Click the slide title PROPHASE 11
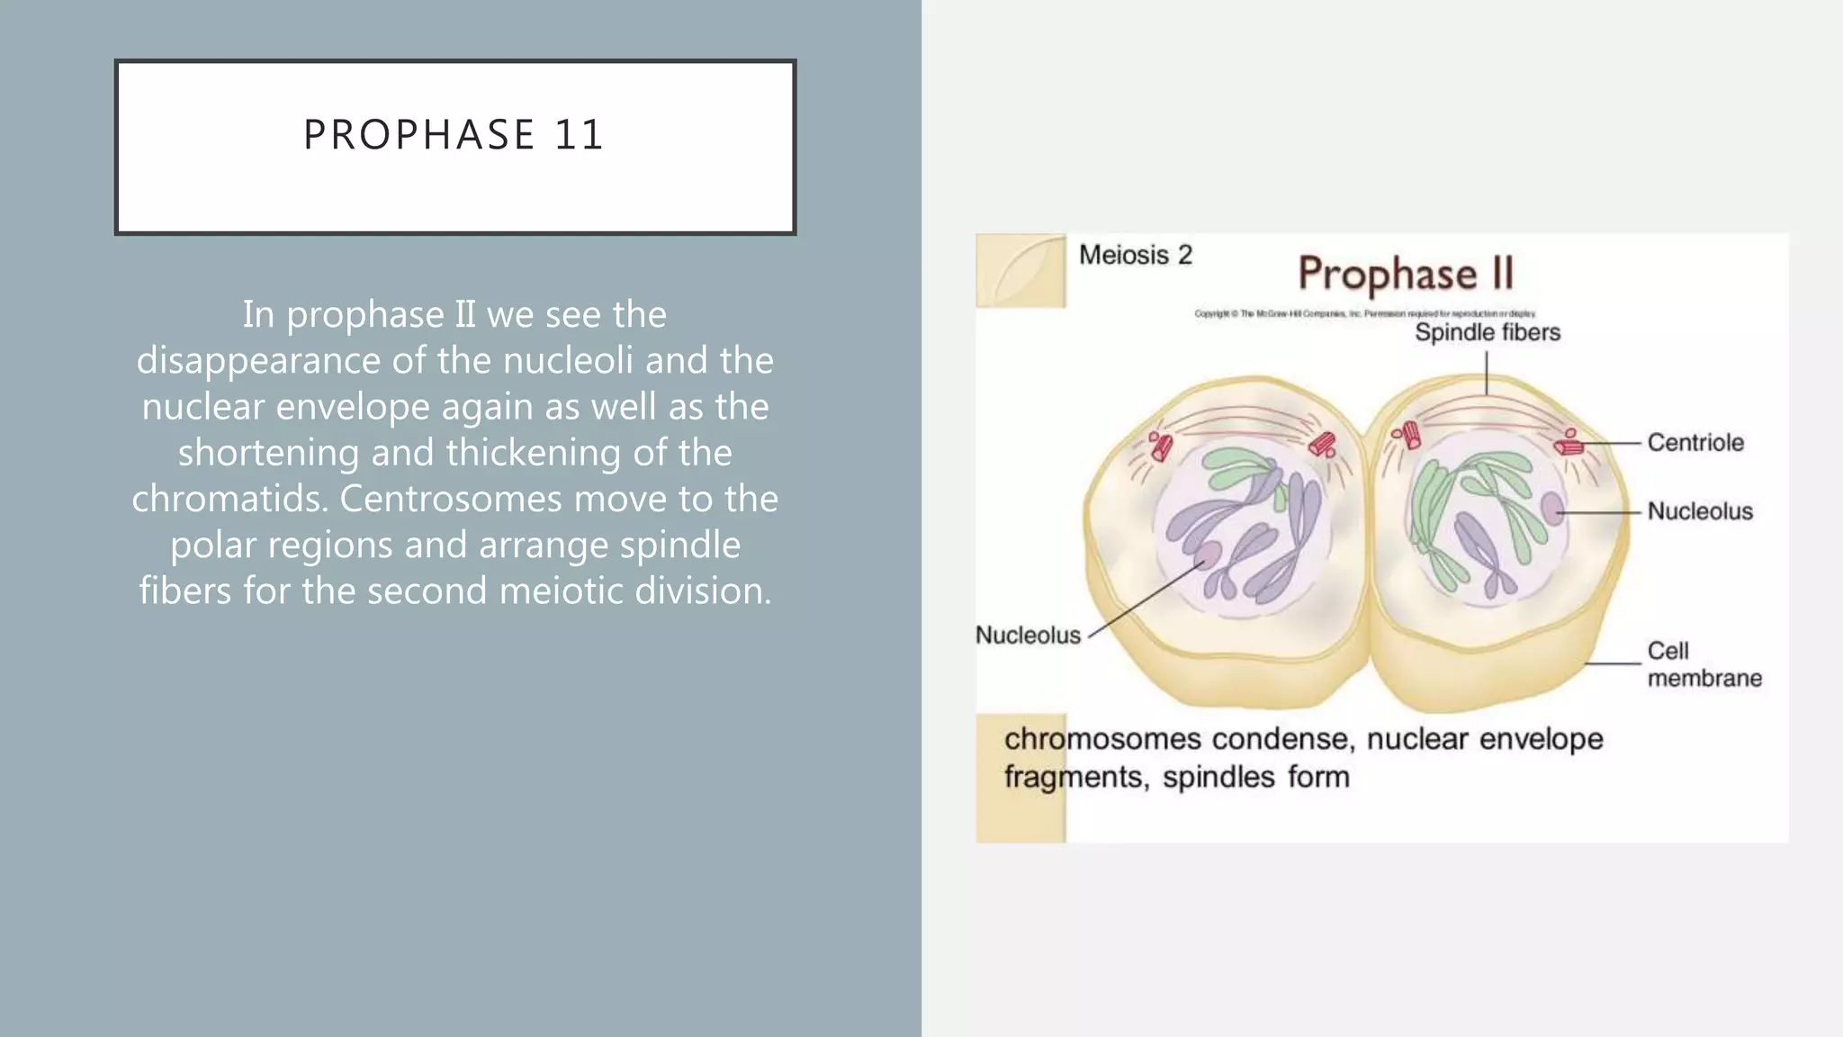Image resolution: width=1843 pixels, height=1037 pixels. tap(454, 135)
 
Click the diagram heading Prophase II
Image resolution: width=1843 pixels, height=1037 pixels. tap(1405, 274)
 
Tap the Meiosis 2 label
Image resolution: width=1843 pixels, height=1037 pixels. tap(1135, 255)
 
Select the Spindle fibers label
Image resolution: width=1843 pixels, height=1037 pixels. tap(1487, 332)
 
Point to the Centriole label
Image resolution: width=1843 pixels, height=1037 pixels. tap(1695, 442)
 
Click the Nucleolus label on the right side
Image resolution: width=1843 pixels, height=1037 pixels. tap(1699, 511)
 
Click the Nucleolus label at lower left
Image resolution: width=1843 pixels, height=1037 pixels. tap(1028, 635)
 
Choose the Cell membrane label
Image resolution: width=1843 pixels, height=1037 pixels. tap(1703, 663)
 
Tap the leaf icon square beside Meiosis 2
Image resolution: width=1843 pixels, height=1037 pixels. tap(1020, 270)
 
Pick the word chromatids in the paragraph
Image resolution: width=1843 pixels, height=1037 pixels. tap(229, 499)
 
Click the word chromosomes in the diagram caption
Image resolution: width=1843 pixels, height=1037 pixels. tap(1102, 739)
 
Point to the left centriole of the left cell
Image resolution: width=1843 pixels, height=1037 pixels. tap(1161, 445)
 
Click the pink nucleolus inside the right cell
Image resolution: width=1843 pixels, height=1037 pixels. tap(1553, 509)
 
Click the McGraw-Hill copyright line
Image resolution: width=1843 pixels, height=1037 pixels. tap(1364, 313)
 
